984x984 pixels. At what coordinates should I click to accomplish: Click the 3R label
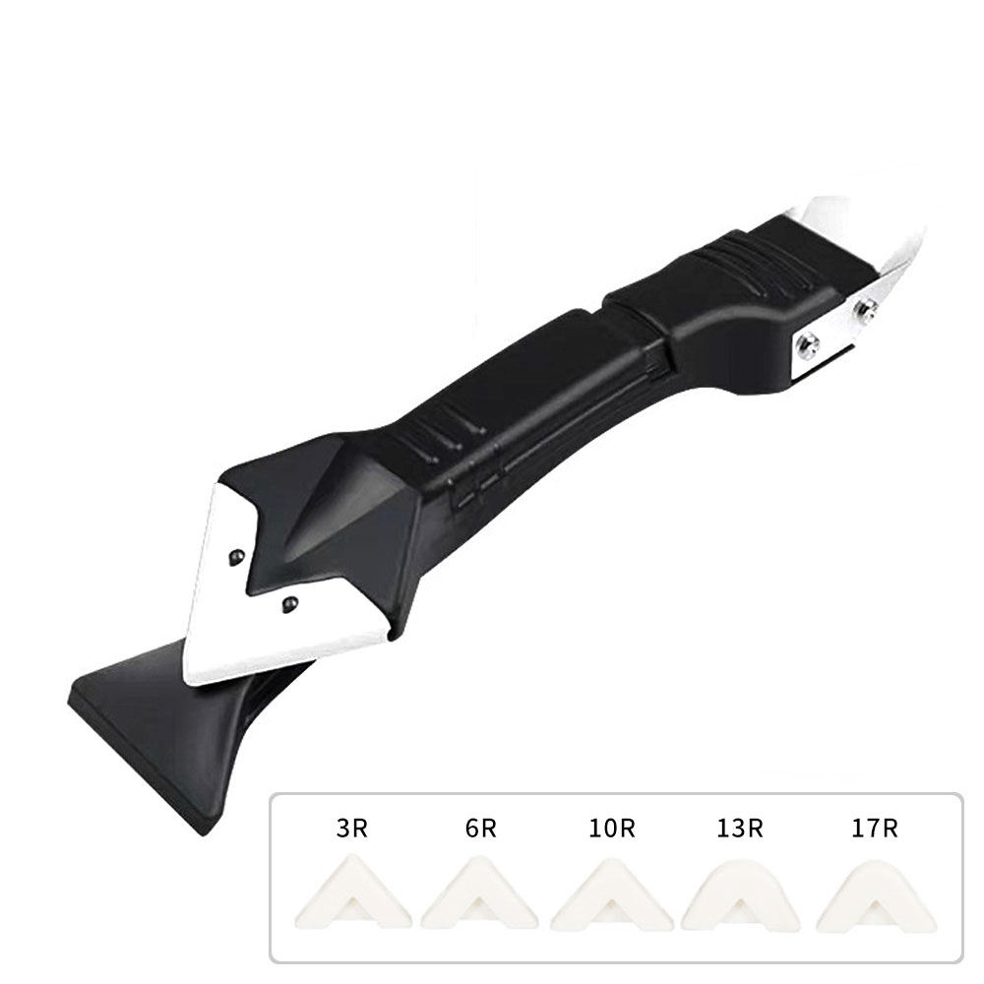(351, 828)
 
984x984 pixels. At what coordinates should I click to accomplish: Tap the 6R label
(480, 828)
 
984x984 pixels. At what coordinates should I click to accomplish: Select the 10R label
(612, 828)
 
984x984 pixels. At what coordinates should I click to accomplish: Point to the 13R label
(742, 828)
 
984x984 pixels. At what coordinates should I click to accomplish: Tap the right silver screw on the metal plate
(867, 310)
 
